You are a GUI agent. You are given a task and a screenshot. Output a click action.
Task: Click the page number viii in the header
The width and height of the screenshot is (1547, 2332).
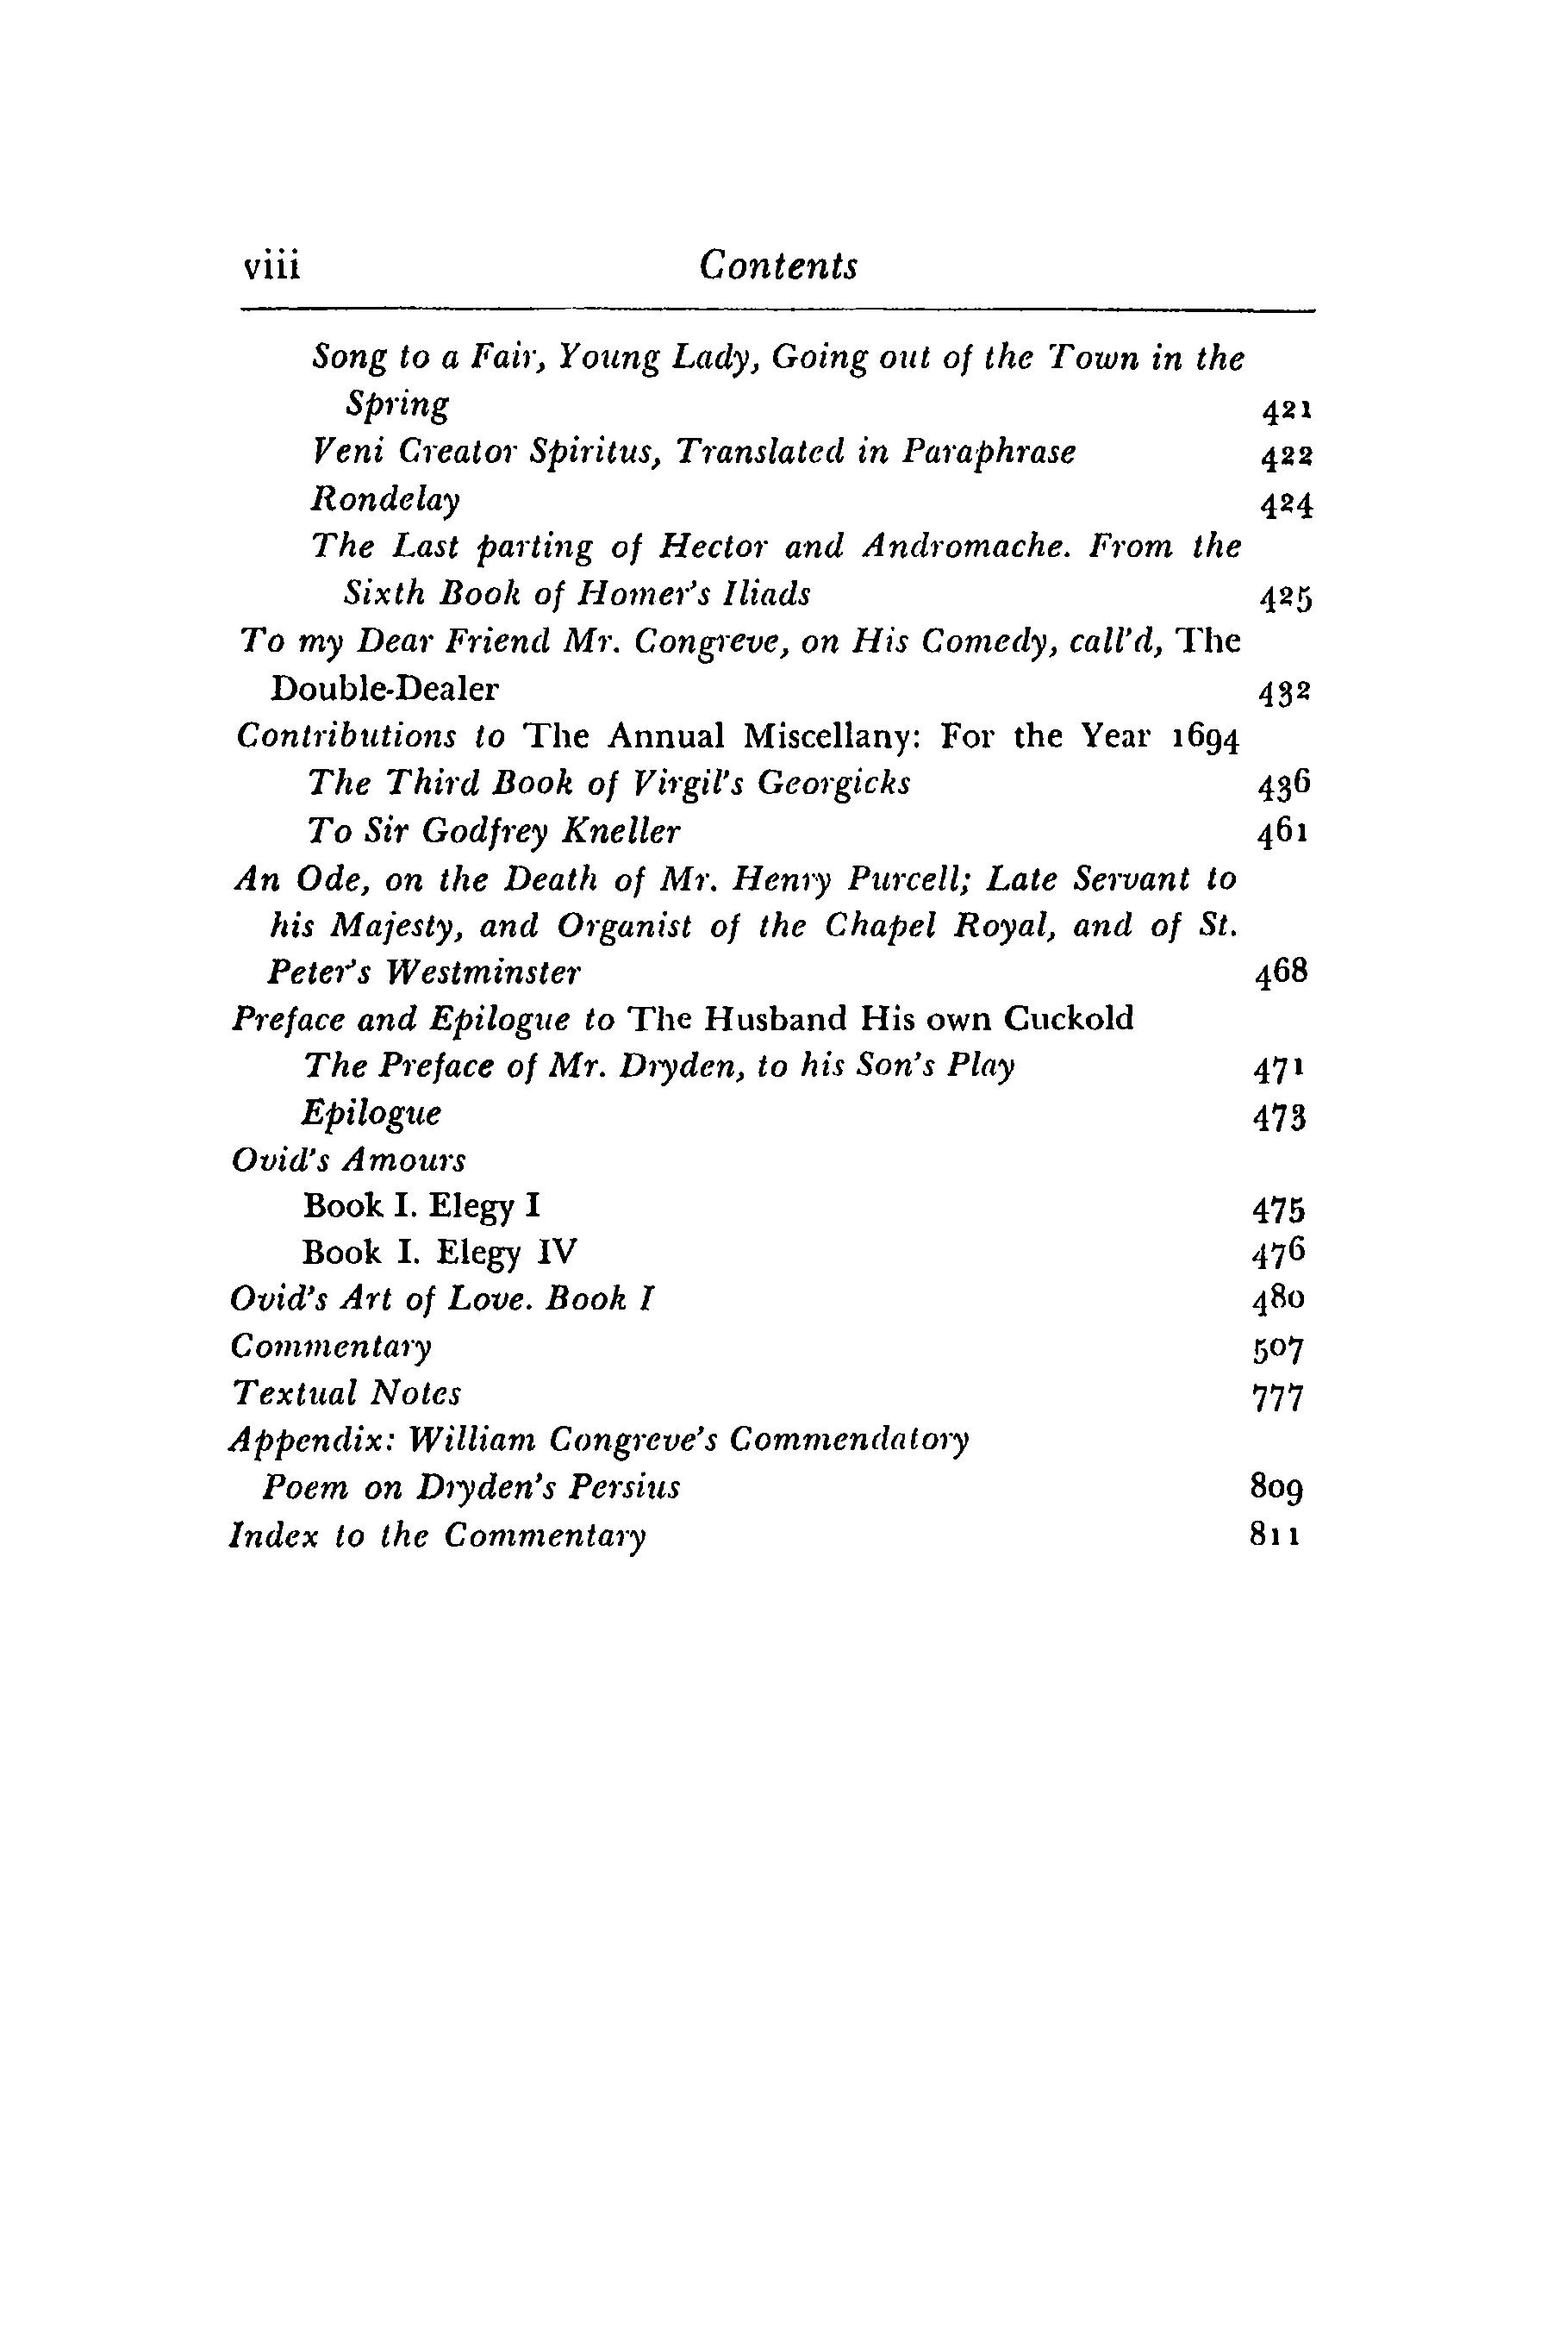click(x=271, y=266)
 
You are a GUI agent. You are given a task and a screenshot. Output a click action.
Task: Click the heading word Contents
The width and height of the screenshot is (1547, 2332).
click(x=777, y=266)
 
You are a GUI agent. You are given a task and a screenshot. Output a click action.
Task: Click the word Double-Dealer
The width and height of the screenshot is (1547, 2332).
click(x=384, y=689)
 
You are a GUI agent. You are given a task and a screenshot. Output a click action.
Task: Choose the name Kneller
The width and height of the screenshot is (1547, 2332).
click(x=621, y=832)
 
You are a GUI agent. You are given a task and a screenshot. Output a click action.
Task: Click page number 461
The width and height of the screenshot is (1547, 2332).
click(x=1282, y=834)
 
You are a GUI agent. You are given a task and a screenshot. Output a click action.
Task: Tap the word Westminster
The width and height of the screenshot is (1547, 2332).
click(x=483, y=974)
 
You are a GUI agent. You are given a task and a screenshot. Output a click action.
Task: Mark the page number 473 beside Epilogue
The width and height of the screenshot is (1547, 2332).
click(x=1280, y=1118)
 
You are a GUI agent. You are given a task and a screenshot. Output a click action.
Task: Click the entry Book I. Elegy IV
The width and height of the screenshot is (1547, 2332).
click(x=439, y=1254)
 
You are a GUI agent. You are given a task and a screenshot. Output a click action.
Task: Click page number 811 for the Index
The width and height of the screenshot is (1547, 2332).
click(x=1276, y=1537)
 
